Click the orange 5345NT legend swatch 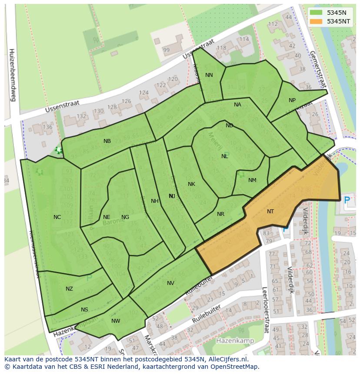(x=316, y=21)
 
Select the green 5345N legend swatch (x=316, y=13)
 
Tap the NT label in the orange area (x=270, y=212)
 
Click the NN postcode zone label (x=209, y=75)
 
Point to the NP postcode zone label (x=292, y=100)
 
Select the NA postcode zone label (x=237, y=105)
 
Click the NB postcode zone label (x=107, y=141)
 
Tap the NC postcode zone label (x=57, y=217)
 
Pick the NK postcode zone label (x=191, y=184)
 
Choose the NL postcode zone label (x=224, y=156)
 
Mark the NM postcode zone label (x=252, y=180)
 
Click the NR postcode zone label (x=220, y=214)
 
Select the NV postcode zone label (x=170, y=283)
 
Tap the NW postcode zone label (x=116, y=321)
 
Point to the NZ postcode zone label (x=69, y=289)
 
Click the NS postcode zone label (x=84, y=310)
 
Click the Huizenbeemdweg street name (x=12, y=75)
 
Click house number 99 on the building (x=166, y=50)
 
